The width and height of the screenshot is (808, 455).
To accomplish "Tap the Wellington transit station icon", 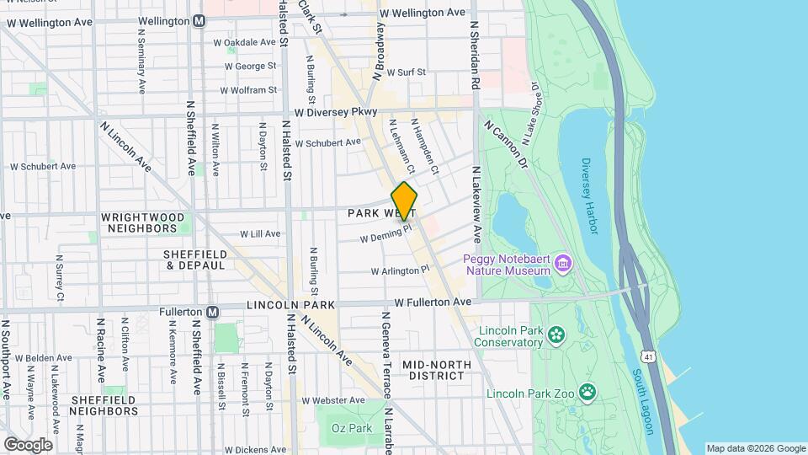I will click(198, 20).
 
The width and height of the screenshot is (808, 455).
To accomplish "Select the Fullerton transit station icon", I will click(213, 312).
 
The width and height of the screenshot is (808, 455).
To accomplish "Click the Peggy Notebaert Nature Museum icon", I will click(563, 266).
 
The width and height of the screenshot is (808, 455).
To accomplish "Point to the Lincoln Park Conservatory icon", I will click(555, 336).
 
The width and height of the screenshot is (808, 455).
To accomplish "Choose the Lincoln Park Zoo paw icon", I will click(587, 391).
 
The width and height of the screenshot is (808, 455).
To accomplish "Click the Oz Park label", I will click(351, 429).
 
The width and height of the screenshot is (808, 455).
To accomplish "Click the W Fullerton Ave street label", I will click(432, 302).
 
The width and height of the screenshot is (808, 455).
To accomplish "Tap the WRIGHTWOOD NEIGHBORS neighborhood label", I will click(142, 222).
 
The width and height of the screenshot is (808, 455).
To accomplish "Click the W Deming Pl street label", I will click(385, 233).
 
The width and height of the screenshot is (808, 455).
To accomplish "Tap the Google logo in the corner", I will click(28, 444).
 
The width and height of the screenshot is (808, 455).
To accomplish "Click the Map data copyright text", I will click(754, 448).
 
